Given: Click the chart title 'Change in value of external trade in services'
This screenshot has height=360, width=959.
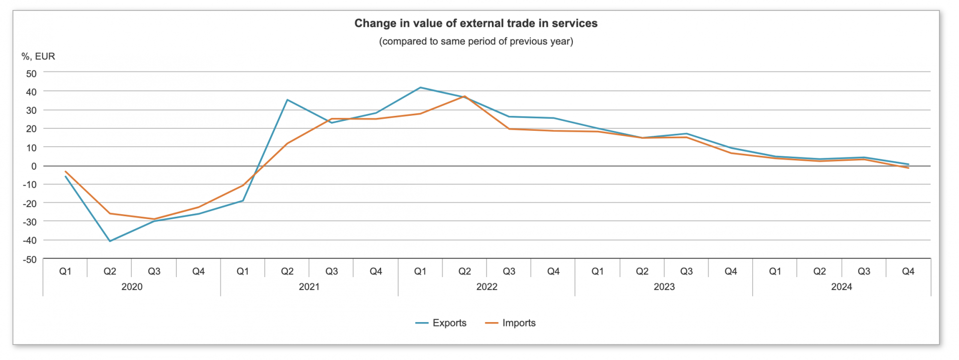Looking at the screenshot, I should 476,23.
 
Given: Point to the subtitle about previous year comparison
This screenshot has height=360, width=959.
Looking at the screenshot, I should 476,41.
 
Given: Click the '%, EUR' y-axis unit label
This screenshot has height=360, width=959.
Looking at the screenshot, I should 38,56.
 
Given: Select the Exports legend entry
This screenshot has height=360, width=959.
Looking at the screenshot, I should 441,323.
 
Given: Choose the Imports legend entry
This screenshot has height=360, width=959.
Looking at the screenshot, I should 510,323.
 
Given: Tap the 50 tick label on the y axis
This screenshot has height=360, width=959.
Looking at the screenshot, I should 31,74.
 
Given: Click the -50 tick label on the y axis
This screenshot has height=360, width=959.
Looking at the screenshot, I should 30,260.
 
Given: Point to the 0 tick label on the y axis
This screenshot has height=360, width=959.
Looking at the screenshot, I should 34,166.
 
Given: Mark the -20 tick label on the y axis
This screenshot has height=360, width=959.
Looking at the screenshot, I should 30,204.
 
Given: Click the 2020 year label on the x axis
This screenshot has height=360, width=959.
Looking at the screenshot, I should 132,287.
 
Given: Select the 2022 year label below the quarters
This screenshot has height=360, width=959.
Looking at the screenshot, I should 486,287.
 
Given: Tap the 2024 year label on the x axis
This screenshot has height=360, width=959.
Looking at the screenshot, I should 841,287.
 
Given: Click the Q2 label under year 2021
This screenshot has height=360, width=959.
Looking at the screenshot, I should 287,272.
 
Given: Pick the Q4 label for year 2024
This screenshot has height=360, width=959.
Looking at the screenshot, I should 908,272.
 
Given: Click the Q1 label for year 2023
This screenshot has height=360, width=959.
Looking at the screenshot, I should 597,272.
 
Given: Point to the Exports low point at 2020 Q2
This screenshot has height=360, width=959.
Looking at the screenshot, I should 110,241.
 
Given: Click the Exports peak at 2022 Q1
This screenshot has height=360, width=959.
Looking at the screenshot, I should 420,88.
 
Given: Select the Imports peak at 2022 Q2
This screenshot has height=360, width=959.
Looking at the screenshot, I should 465,96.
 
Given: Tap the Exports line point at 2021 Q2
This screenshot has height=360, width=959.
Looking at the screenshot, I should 287,100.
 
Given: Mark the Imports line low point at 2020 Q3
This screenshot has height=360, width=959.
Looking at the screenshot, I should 154,219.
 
